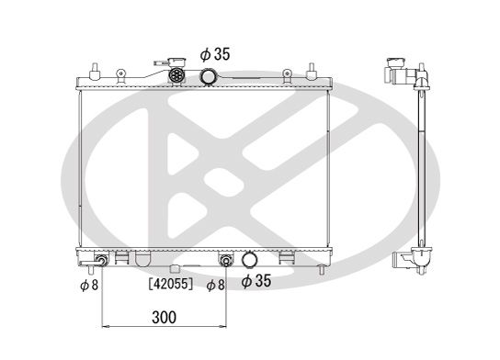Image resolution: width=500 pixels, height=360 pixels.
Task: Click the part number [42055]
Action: click(170, 285)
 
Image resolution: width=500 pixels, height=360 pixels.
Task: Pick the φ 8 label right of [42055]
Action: click(216, 285)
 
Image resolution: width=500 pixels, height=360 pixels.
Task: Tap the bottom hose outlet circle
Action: click(249, 260)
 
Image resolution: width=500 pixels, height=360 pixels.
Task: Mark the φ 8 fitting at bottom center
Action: click(224, 260)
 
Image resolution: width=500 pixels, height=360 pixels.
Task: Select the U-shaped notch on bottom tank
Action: click(143, 260)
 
